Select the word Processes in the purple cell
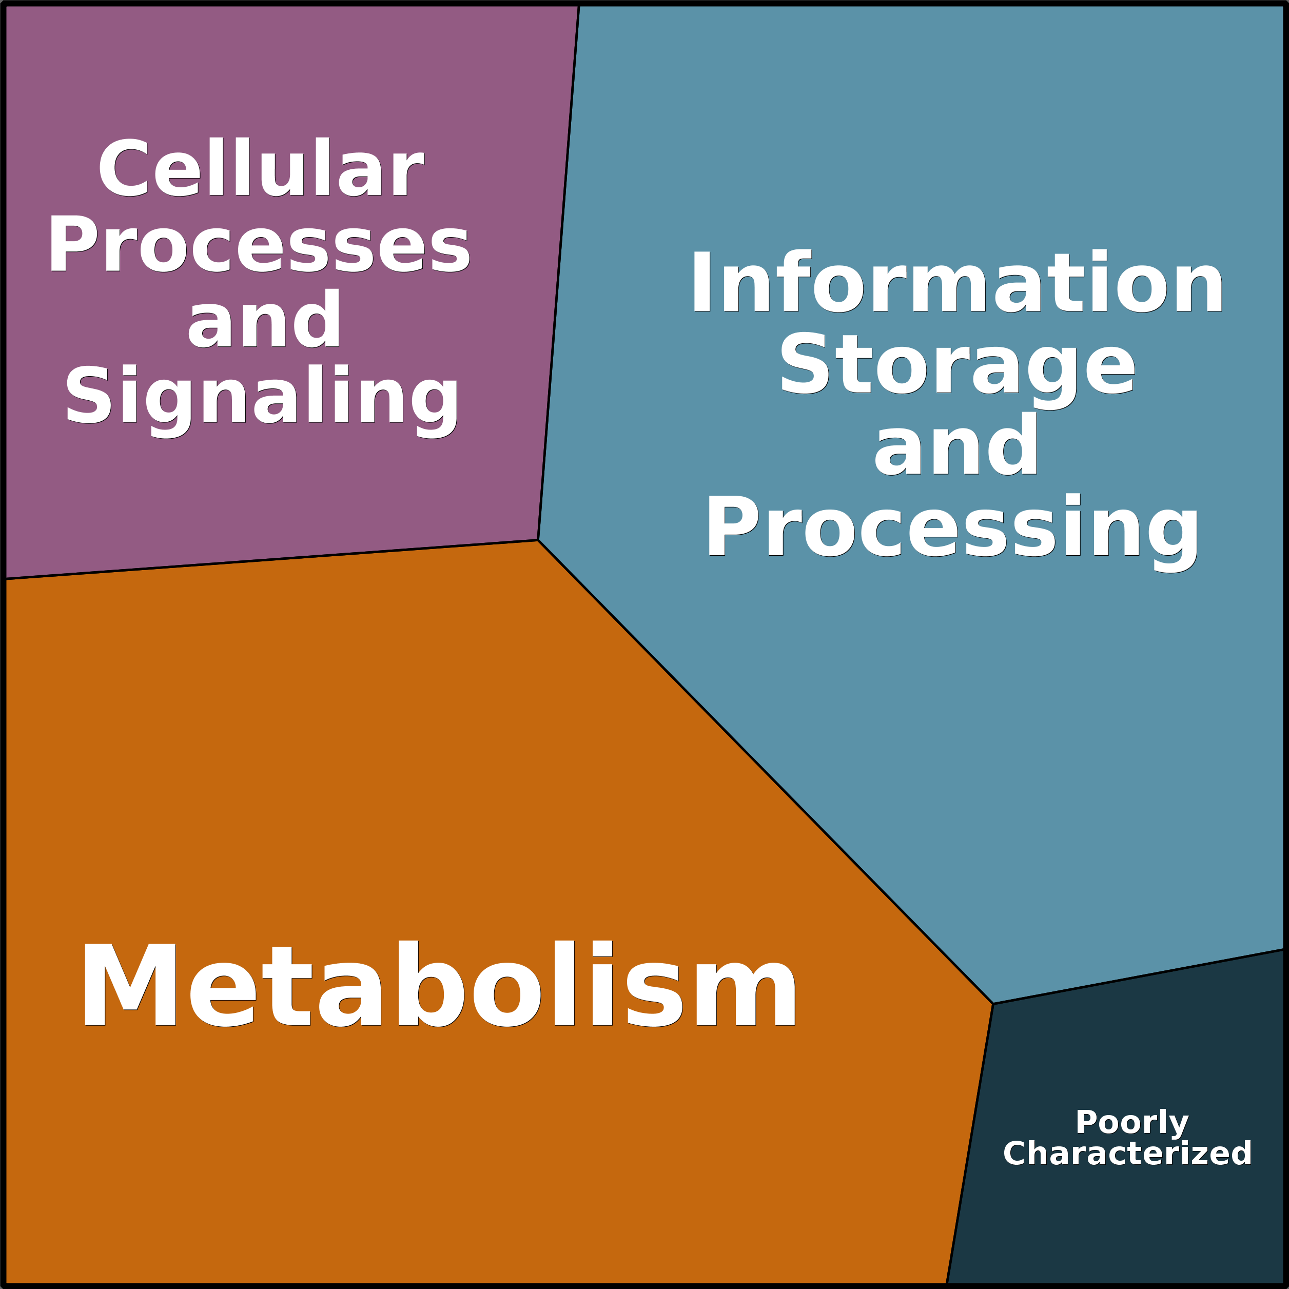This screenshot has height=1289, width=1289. [x=260, y=244]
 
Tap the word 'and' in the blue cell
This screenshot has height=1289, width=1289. [x=956, y=444]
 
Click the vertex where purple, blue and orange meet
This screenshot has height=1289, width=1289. [x=538, y=540]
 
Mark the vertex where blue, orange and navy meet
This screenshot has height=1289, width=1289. [x=993, y=1004]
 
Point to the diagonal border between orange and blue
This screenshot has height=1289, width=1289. [x=765, y=772]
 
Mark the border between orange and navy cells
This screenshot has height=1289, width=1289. [x=970, y=1144]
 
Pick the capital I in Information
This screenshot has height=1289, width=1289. [x=701, y=281]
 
